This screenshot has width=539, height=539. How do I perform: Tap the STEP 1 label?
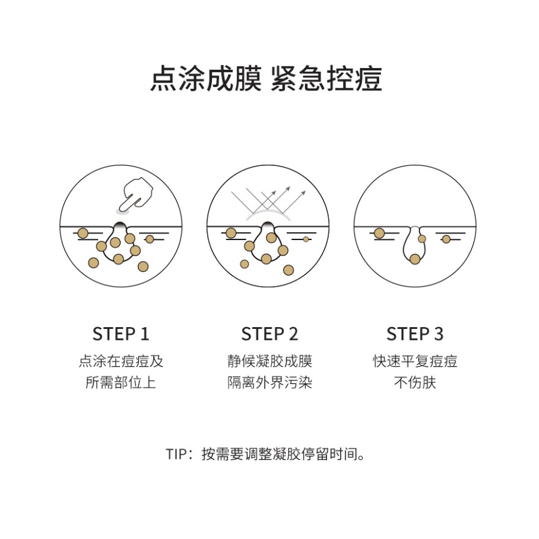click(x=121, y=334)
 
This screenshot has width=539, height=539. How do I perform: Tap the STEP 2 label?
click(x=269, y=334)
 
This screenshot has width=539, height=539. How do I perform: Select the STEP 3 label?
click(x=415, y=334)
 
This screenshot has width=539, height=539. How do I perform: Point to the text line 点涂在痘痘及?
click(x=121, y=361)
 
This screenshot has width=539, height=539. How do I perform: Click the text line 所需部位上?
click(x=121, y=383)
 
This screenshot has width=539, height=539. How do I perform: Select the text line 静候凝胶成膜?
click(x=269, y=361)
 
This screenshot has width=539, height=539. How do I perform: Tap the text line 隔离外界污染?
click(x=269, y=383)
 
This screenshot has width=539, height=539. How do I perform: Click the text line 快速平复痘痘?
click(x=415, y=361)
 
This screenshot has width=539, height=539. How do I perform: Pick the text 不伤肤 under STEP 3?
click(x=415, y=383)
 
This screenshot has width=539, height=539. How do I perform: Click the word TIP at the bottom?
click(x=175, y=454)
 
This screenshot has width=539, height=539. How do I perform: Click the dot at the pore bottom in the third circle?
click(x=415, y=259)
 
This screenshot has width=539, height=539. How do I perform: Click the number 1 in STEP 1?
click(x=145, y=334)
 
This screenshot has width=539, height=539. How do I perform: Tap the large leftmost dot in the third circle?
click(x=379, y=233)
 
